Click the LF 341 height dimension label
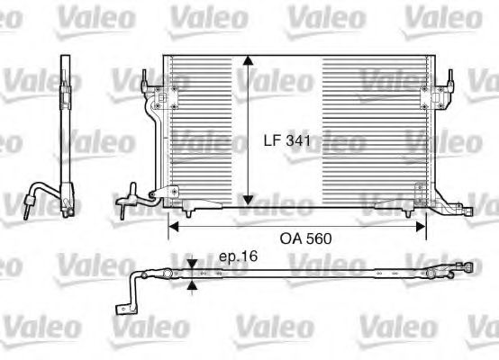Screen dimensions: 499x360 point(287,140)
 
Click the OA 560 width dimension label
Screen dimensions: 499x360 point(305,238)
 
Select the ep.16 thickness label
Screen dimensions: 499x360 point(238,256)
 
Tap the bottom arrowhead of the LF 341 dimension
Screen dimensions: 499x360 point(248,201)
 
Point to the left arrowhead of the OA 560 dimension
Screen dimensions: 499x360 point(173,227)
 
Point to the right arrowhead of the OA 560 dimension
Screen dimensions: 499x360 point(421,227)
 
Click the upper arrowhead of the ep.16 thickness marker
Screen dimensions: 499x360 point(192,265)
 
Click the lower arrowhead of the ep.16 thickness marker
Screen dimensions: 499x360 point(192,285)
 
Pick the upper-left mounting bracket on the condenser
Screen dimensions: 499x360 point(165,98)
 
